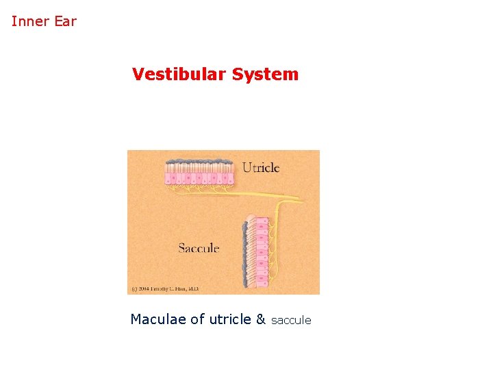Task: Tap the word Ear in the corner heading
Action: click(x=66, y=21)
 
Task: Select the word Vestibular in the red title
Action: click(x=179, y=74)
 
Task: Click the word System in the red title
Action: click(x=265, y=74)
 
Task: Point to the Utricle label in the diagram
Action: click(x=261, y=168)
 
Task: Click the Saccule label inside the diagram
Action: click(x=199, y=247)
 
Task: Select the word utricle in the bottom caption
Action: click(x=229, y=319)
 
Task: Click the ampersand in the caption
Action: click(x=260, y=319)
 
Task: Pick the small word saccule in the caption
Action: click(x=291, y=320)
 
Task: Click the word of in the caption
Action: click(x=197, y=319)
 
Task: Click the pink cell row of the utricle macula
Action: click(x=199, y=179)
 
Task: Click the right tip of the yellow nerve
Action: click(x=302, y=200)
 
